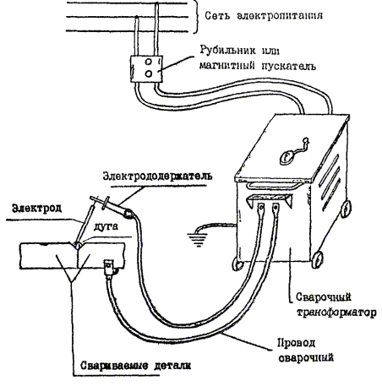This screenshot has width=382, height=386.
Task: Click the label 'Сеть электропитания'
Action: coord(264,15)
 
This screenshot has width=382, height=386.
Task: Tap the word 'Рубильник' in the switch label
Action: coord(228,51)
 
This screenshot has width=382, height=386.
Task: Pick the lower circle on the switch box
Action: coord(149,73)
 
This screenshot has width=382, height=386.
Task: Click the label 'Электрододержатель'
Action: coord(157,176)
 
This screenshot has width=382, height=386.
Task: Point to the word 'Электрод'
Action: coord(36,209)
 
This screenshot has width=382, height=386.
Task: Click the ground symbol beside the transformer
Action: coord(199,239)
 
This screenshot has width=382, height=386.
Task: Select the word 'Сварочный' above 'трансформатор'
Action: coord(324,297)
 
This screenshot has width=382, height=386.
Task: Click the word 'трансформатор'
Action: coord(337,313)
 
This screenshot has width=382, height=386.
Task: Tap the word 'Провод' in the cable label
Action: coord(297,343)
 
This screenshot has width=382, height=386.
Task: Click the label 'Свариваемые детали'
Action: coord(135,366)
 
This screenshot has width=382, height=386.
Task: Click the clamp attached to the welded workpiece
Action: coord(110,268)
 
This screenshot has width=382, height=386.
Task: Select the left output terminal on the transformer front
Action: coord(261,208)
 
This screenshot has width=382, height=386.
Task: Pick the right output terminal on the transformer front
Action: coord(276,208)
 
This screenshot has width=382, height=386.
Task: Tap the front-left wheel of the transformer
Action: coord(238,264)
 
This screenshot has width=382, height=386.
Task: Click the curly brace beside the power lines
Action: coord(196,16)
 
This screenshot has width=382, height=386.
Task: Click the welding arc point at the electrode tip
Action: coord(77,245)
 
